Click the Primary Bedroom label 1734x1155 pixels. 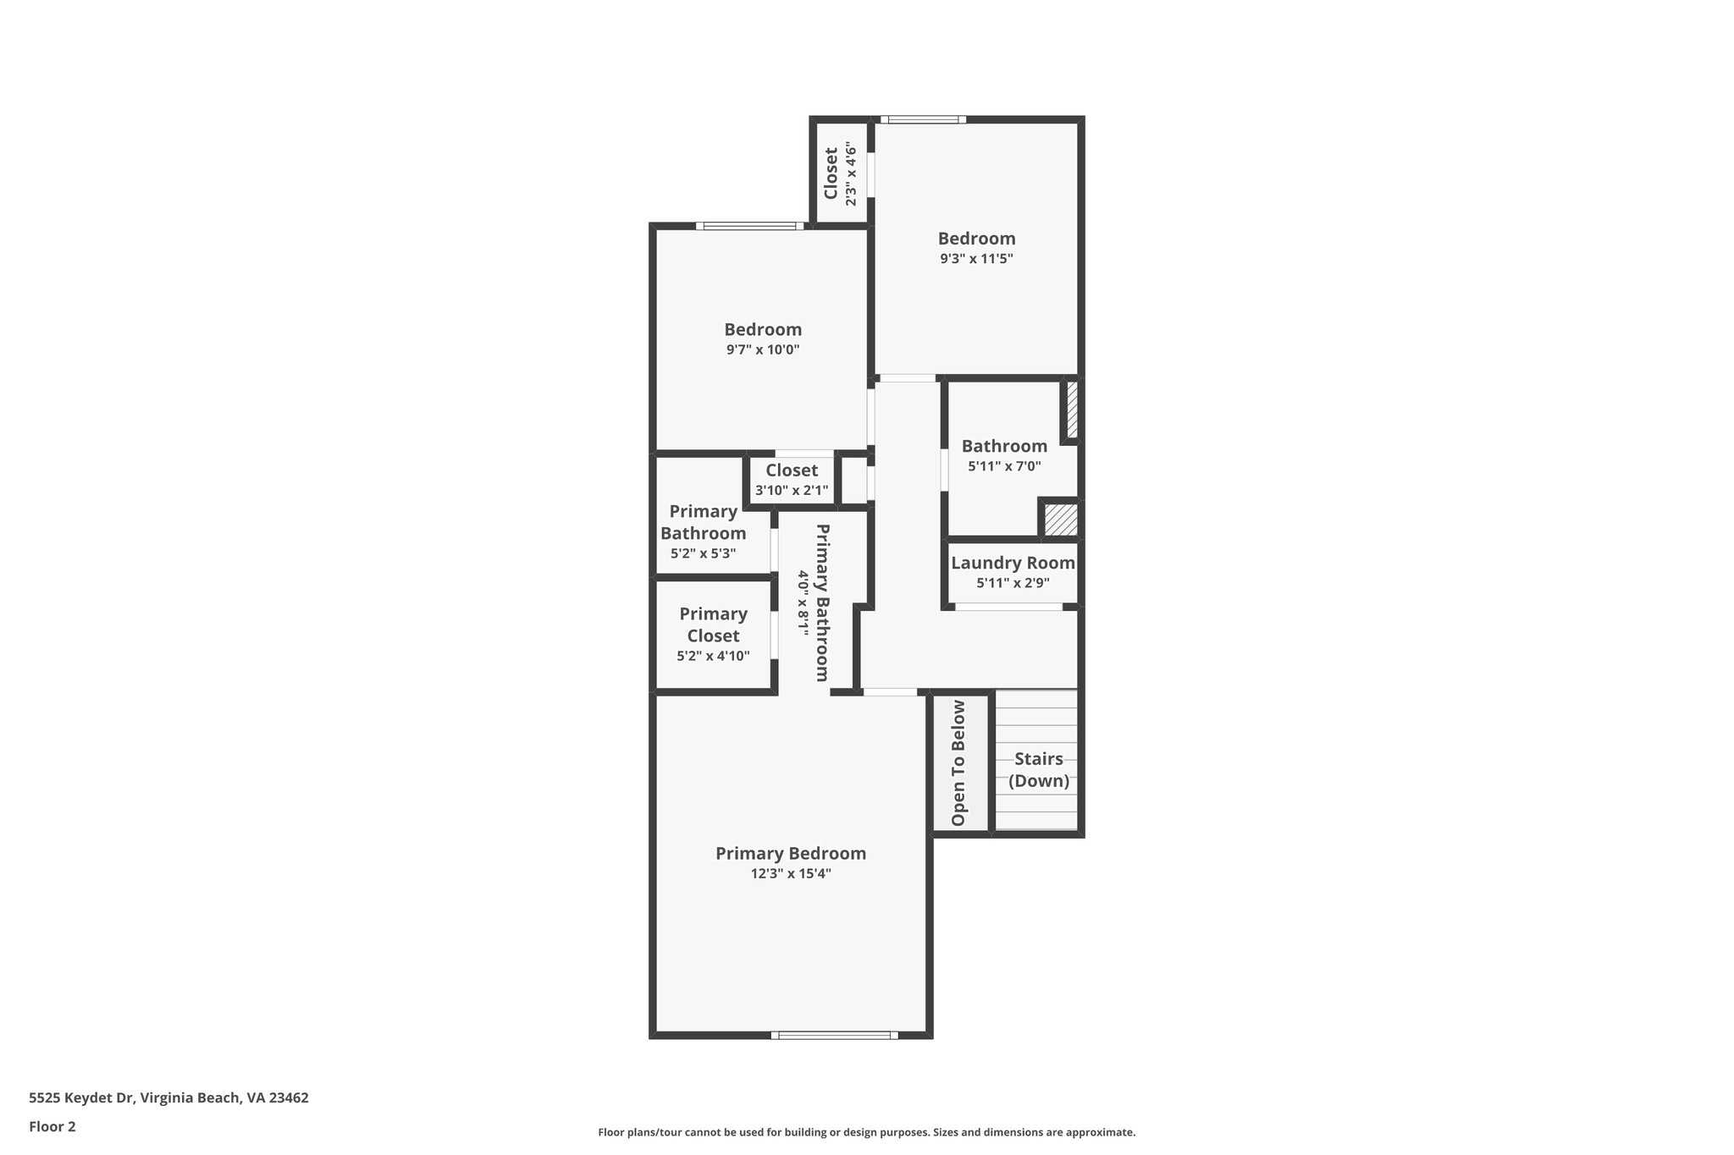click(790, 853)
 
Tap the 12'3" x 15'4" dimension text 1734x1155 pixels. click(790, 874)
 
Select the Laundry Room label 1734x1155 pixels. click(1013, 563)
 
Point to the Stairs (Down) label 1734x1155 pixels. click(1038, 769)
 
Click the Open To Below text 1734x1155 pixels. click(958, 762)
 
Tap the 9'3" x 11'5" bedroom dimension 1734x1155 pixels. click(976, 259)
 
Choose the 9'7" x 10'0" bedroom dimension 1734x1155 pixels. click(762, 349)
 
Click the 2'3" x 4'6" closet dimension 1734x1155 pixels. click(851, 175)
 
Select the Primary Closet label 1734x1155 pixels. click(713, 624)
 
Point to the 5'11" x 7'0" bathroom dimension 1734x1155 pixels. click(1004, 466)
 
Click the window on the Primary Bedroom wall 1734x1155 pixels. click(834, 1034)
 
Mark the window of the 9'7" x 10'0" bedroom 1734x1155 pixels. click(749, 226)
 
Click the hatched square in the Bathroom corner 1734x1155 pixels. click(1060, 519)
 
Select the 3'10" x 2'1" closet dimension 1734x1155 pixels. click(792, 491)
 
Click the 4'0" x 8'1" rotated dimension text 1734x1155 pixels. click(802, 602)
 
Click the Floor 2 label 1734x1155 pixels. click(52, 1126)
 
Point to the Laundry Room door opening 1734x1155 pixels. click(1008, 606)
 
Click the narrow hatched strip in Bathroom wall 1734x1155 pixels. click(1072, 410)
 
